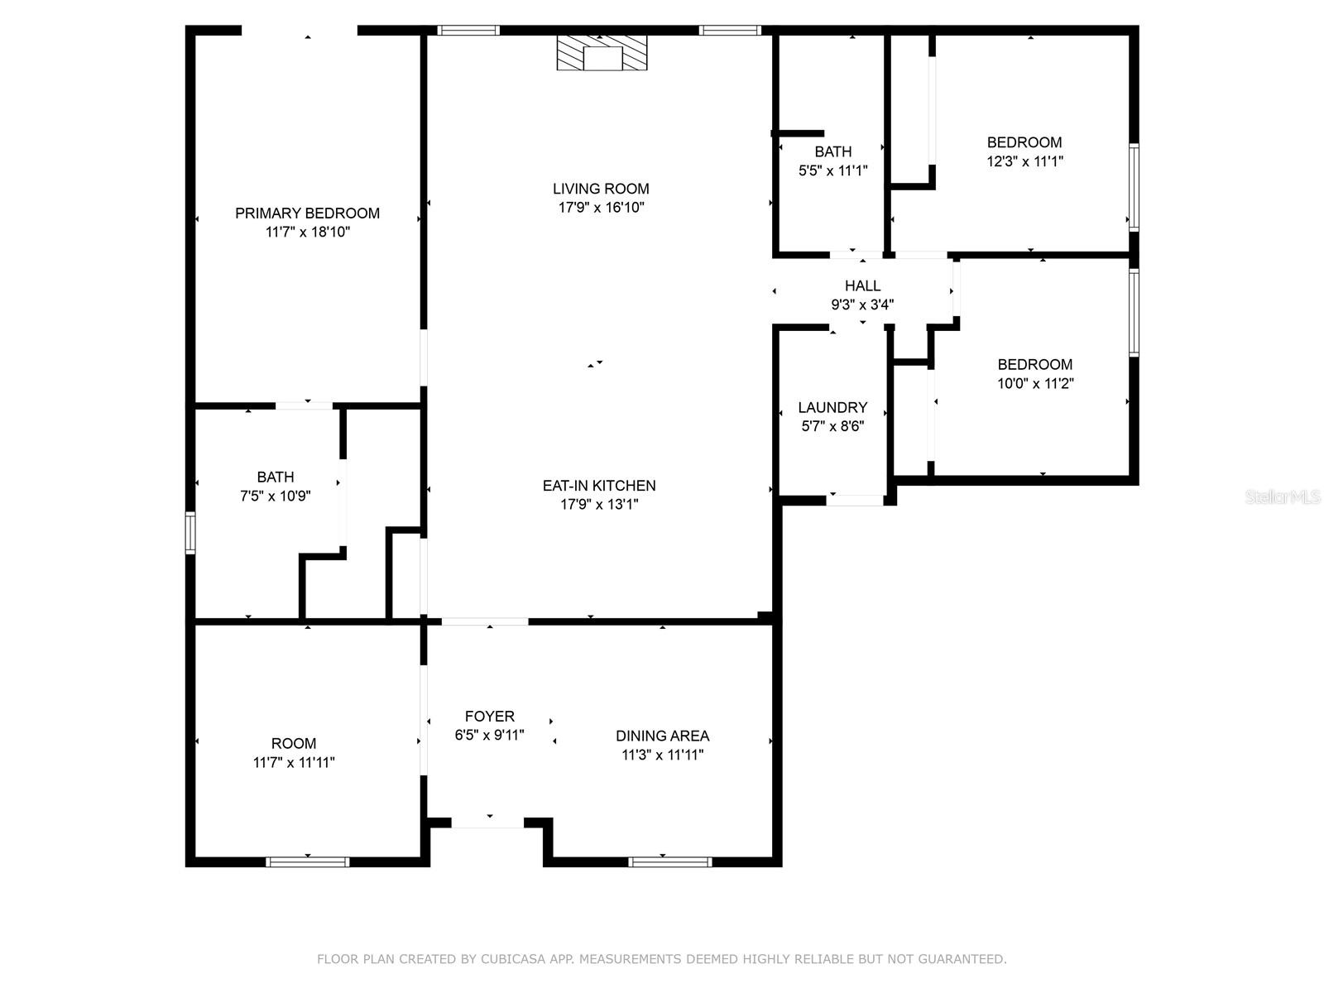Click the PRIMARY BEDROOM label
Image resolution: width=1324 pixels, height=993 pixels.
click(307, 213)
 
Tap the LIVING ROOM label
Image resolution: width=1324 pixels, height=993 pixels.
click(601, 189)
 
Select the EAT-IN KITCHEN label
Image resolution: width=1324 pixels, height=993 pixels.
click(599, 486)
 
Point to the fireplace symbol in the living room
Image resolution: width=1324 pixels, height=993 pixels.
click(602, 53)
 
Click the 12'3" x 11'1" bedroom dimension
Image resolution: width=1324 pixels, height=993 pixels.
click(1024, 161)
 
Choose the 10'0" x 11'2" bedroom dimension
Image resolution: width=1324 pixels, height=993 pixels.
click(1035, 383)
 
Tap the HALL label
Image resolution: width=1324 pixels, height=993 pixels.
click(862, 285)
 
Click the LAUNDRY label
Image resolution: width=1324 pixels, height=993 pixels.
click(832, 407)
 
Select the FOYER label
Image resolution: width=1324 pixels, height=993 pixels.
click(490, 716)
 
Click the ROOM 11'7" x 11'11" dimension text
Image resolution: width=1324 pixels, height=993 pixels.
click(294, 762)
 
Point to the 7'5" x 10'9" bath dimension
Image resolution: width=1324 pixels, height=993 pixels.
click(275, 496)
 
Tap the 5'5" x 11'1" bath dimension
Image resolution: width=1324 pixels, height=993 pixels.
click(833, 170)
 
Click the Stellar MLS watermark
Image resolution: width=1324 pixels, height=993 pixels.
click(1282, 496)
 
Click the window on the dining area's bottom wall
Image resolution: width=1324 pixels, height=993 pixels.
click(669, 862)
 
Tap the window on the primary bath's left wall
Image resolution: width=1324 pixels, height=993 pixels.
click(190, 532)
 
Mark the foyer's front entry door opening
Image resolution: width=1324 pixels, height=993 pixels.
click(487, 823)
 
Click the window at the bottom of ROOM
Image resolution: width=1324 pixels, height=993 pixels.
click(308, 862)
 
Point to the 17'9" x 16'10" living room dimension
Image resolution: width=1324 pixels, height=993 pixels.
click(601, 208)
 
